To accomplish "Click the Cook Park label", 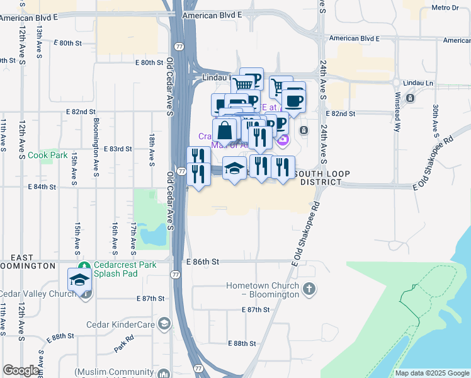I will [x=52, y=155].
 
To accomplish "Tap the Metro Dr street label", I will [x=446, y=8].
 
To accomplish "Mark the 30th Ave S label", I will [x=435, y=120].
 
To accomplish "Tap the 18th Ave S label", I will [x=152, y=149].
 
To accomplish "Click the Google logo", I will [x=21, y=370].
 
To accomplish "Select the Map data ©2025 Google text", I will [x=431, y=373].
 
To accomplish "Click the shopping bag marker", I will [x=224, y=131].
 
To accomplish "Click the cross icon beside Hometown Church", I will [x=309, y=290].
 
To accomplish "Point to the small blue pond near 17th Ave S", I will [x=153, y=235].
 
